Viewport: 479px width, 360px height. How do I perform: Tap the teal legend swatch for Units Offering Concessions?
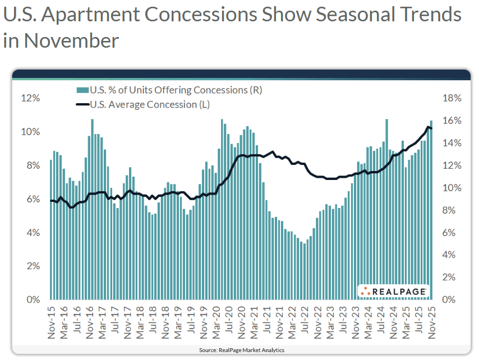point(82,90)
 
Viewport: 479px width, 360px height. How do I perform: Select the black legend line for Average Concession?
point(82,104)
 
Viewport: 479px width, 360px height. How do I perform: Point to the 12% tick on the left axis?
point(30,98)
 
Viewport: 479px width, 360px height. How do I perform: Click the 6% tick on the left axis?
point(32,199)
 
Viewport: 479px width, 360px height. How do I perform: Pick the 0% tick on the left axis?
point(32,299)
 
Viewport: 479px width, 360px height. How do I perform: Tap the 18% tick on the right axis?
point(452,98)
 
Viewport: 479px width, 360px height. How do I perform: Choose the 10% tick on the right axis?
point(452,188)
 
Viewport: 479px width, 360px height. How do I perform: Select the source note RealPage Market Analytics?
point(241,350)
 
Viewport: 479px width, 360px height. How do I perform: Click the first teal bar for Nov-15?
point(51,230)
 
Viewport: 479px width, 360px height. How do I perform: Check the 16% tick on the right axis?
point(452,121)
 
